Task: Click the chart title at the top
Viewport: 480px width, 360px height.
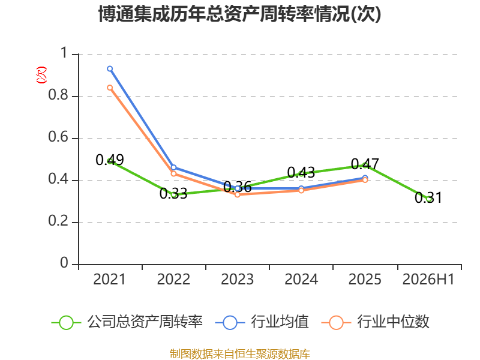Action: click(239, 14)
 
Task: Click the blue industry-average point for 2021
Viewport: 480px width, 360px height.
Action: click(110, 69)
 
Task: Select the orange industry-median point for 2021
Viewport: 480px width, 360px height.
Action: click(110, 88)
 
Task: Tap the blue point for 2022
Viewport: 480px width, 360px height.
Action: click(173, 167)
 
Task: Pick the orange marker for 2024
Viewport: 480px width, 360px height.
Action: click(301, 190)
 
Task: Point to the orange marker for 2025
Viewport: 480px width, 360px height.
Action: click(365, 180)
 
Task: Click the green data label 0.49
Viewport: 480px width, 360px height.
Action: click(110, 160)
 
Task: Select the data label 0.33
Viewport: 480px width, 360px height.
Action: click(173, 193)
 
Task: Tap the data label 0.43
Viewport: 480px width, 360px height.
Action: click(301, 173)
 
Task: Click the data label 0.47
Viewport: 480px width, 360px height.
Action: click(365, 164)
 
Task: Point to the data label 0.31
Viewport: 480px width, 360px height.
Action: click(428, 198)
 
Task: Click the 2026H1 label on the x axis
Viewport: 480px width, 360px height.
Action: click(428, 280)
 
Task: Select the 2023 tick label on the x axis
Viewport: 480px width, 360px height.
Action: click(237, 280)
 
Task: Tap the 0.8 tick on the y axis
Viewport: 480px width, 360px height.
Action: click(58, 95)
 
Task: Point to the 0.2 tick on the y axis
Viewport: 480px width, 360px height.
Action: click(58, 221)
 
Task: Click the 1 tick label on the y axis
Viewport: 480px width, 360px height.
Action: click(64, 53)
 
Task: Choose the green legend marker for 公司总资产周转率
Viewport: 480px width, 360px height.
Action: click(66, 323)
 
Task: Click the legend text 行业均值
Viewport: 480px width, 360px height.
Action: click(280, 322)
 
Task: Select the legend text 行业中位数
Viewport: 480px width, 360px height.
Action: click(394, 322)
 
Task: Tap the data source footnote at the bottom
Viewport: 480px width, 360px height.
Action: click(240, 353)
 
